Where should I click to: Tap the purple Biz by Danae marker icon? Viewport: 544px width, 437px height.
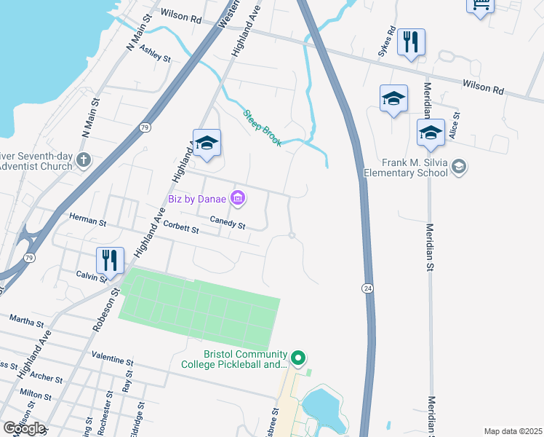(x=237, y=197)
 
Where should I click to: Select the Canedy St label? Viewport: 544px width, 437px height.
(x=228, y=223)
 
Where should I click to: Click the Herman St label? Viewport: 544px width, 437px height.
(x=87, y=218)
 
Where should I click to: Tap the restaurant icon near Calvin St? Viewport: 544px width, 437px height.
(x=110, y=259)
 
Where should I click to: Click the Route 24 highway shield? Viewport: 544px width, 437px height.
(x=368, y=289)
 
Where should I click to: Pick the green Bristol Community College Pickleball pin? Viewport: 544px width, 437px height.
(x=297, y=358)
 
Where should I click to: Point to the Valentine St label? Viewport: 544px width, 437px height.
(x=113, y=361)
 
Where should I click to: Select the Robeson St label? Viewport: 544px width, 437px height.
(x=106, y=310)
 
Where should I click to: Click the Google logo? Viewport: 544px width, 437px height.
(x=23, y=428)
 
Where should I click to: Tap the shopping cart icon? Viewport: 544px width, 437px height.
(x=480, y=4)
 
